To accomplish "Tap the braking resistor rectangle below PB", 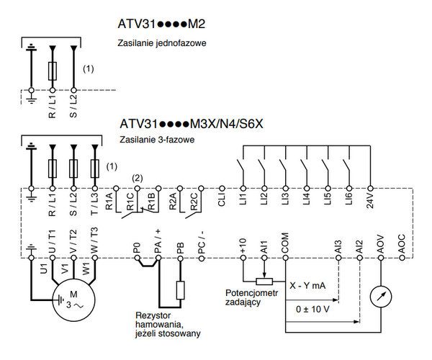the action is point(181,290).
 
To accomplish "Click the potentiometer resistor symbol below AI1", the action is point(264,282).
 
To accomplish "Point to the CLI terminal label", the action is point(222,199).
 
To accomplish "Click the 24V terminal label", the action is point(370,200).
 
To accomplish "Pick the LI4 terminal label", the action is point(307,199).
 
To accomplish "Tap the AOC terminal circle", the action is point(402,258).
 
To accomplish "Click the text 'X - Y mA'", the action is point(307,285).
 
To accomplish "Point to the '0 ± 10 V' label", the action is point(312,309).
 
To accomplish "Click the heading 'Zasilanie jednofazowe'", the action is point(162,43).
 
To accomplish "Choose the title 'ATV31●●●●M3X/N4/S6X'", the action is point(192,124).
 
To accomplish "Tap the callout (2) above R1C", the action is point(138,179).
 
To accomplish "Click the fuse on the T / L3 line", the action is point(95,168).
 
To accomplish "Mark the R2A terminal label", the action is point(173,201).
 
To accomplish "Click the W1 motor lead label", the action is point(86,269).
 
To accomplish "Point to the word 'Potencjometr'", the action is point(251,293).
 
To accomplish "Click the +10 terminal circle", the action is point(243,258).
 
